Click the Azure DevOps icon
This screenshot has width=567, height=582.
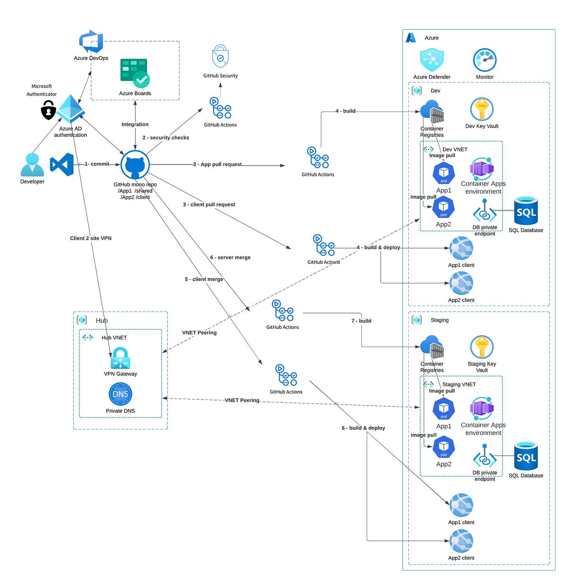click(91, 42)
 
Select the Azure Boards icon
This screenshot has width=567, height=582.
click(135, 73)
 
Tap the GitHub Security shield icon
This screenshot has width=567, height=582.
click(220, 57)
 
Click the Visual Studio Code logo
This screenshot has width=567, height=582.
click(62, 165)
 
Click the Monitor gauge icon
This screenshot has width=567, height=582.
click(484, 60)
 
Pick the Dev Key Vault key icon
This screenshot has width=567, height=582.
click(481, 110)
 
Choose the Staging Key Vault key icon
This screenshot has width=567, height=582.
click(481, 347)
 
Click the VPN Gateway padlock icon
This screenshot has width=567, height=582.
click(120, 358)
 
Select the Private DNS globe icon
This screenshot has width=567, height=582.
click(120, 394)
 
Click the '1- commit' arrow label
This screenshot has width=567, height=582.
click(97, 164)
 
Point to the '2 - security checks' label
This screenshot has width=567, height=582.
click(166, 138)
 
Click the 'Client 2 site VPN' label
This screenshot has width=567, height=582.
click(91, 238)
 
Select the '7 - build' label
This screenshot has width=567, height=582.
click(361, 321)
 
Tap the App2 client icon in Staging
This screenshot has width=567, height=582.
click(461, 541)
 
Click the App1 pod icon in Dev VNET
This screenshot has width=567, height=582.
click(443, 174)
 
